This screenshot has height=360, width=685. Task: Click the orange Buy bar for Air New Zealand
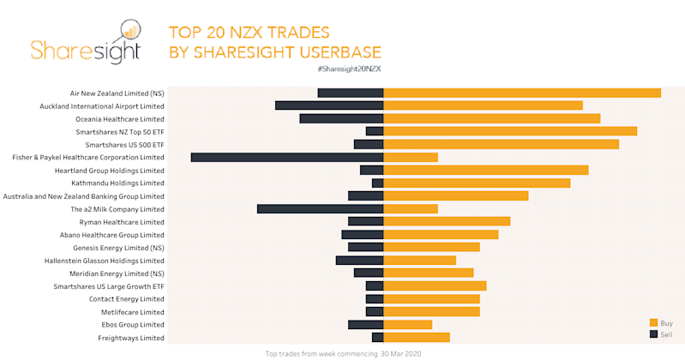pos(521,93)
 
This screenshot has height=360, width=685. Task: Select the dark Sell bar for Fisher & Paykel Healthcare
pos(286,158)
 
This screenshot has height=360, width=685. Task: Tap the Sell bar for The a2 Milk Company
pos(320,209)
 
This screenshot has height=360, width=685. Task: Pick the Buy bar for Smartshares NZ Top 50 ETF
pos(510,131)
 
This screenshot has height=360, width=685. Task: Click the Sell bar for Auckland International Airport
pos(328,105)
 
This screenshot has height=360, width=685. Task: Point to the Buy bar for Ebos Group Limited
pos(407,325)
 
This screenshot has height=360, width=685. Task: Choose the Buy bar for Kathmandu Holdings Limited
pos(477,183)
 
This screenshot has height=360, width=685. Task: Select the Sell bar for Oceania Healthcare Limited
pos(341,118)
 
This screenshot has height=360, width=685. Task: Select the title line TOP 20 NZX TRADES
pos(249,32)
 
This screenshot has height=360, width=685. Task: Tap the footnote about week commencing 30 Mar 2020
pos(343,353)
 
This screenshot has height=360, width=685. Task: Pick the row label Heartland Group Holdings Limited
pos(109,171)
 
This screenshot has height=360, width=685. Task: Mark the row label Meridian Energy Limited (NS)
pos(117,273)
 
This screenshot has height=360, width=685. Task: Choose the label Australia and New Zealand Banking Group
pos(84,196)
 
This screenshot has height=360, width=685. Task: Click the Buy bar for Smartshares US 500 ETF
pos(501,144)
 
